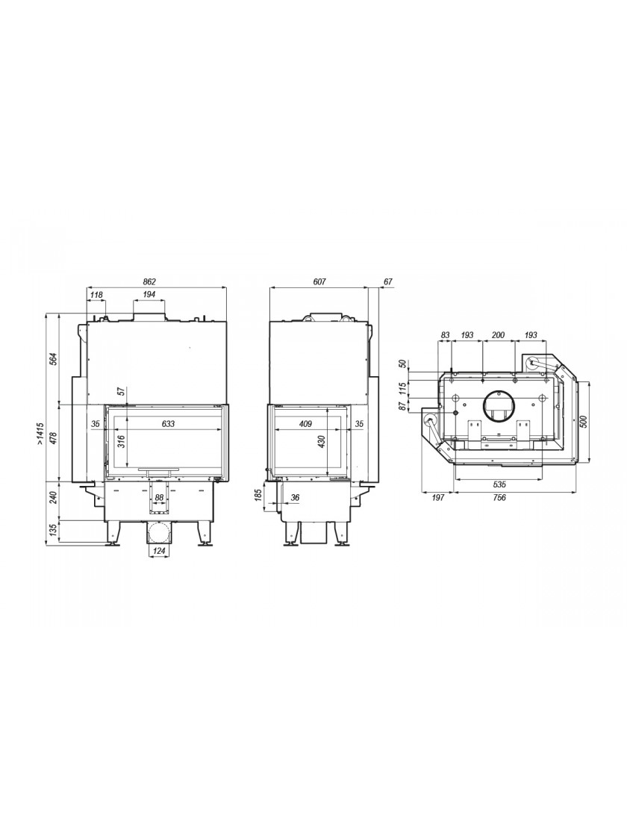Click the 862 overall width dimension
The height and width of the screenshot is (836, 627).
[x=149, y=281]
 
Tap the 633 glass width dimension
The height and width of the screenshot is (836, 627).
[x=168, y=424]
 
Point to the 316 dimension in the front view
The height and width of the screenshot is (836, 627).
[x=121, y=442]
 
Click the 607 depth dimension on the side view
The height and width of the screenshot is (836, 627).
[x=319, y=281]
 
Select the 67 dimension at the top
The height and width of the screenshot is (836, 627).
[x=387, y=281]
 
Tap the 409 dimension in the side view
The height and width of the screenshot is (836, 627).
[x=305, y=424]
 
